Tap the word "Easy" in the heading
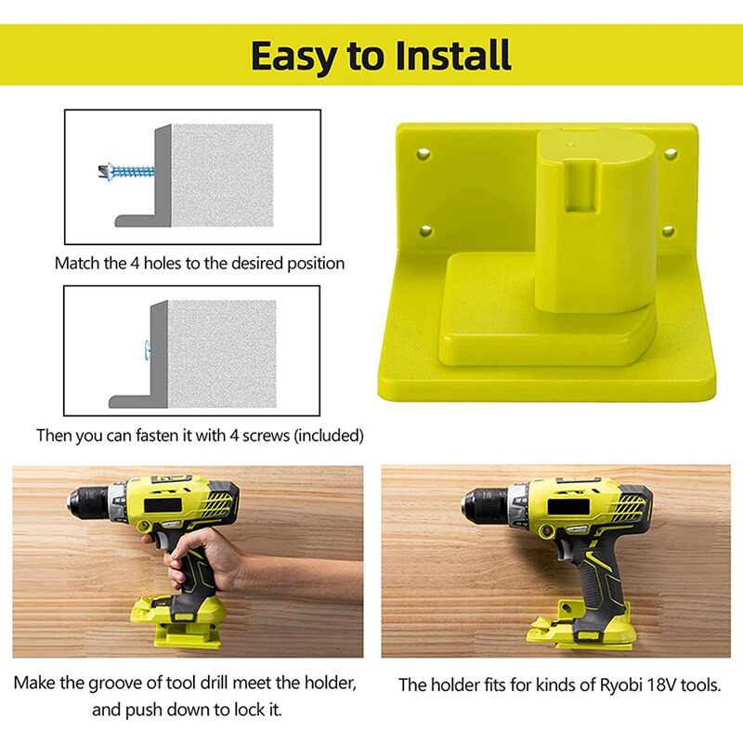(x=296, y=55)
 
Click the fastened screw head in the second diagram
(x=145, y=346)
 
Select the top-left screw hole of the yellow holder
(x=424, y=151)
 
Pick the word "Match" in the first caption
(x=78, y=263)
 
